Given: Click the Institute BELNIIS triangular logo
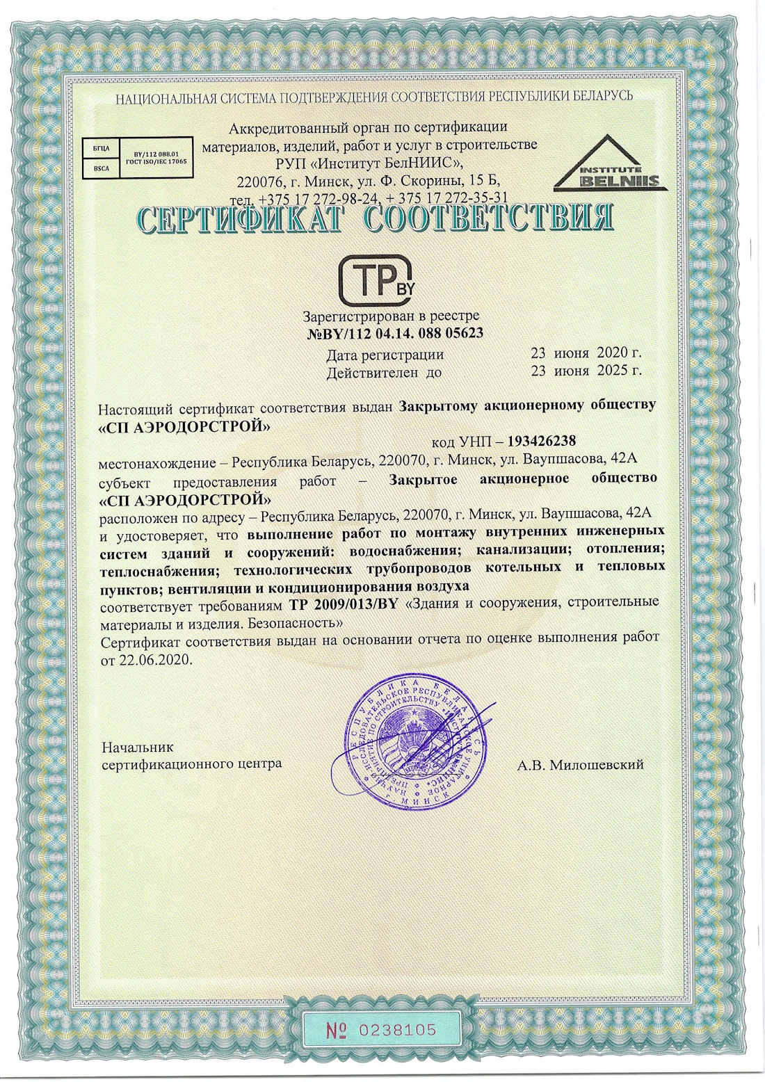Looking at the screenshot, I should [611, 164].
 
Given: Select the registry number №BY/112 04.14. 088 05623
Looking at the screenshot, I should [395, 333].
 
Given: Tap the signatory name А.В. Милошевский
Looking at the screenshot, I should [580, 765].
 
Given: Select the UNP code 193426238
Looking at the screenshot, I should [542, 441].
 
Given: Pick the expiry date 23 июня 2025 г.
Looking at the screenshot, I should [586, 371].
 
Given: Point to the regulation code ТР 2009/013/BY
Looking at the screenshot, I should [342, 603].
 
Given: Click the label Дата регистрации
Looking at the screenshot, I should [385, 355].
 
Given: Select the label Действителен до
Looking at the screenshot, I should [384, 372].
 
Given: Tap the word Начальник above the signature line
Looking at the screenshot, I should [138, 748].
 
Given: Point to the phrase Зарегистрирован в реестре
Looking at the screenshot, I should [391, 316].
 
